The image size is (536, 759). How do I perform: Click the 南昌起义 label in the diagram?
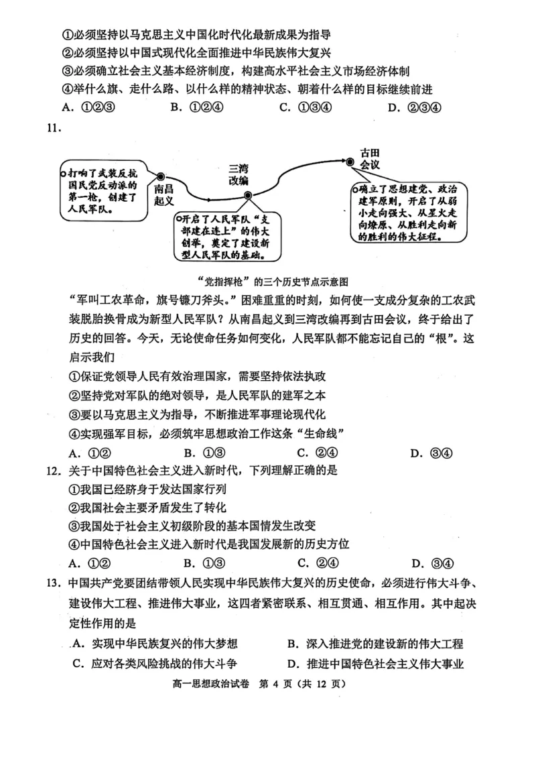(x=163, y=194)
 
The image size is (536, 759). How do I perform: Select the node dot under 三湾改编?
(x=247, y=196)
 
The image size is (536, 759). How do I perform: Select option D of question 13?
(x=375, y=664)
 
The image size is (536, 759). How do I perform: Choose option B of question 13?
(x=375, y=644)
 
